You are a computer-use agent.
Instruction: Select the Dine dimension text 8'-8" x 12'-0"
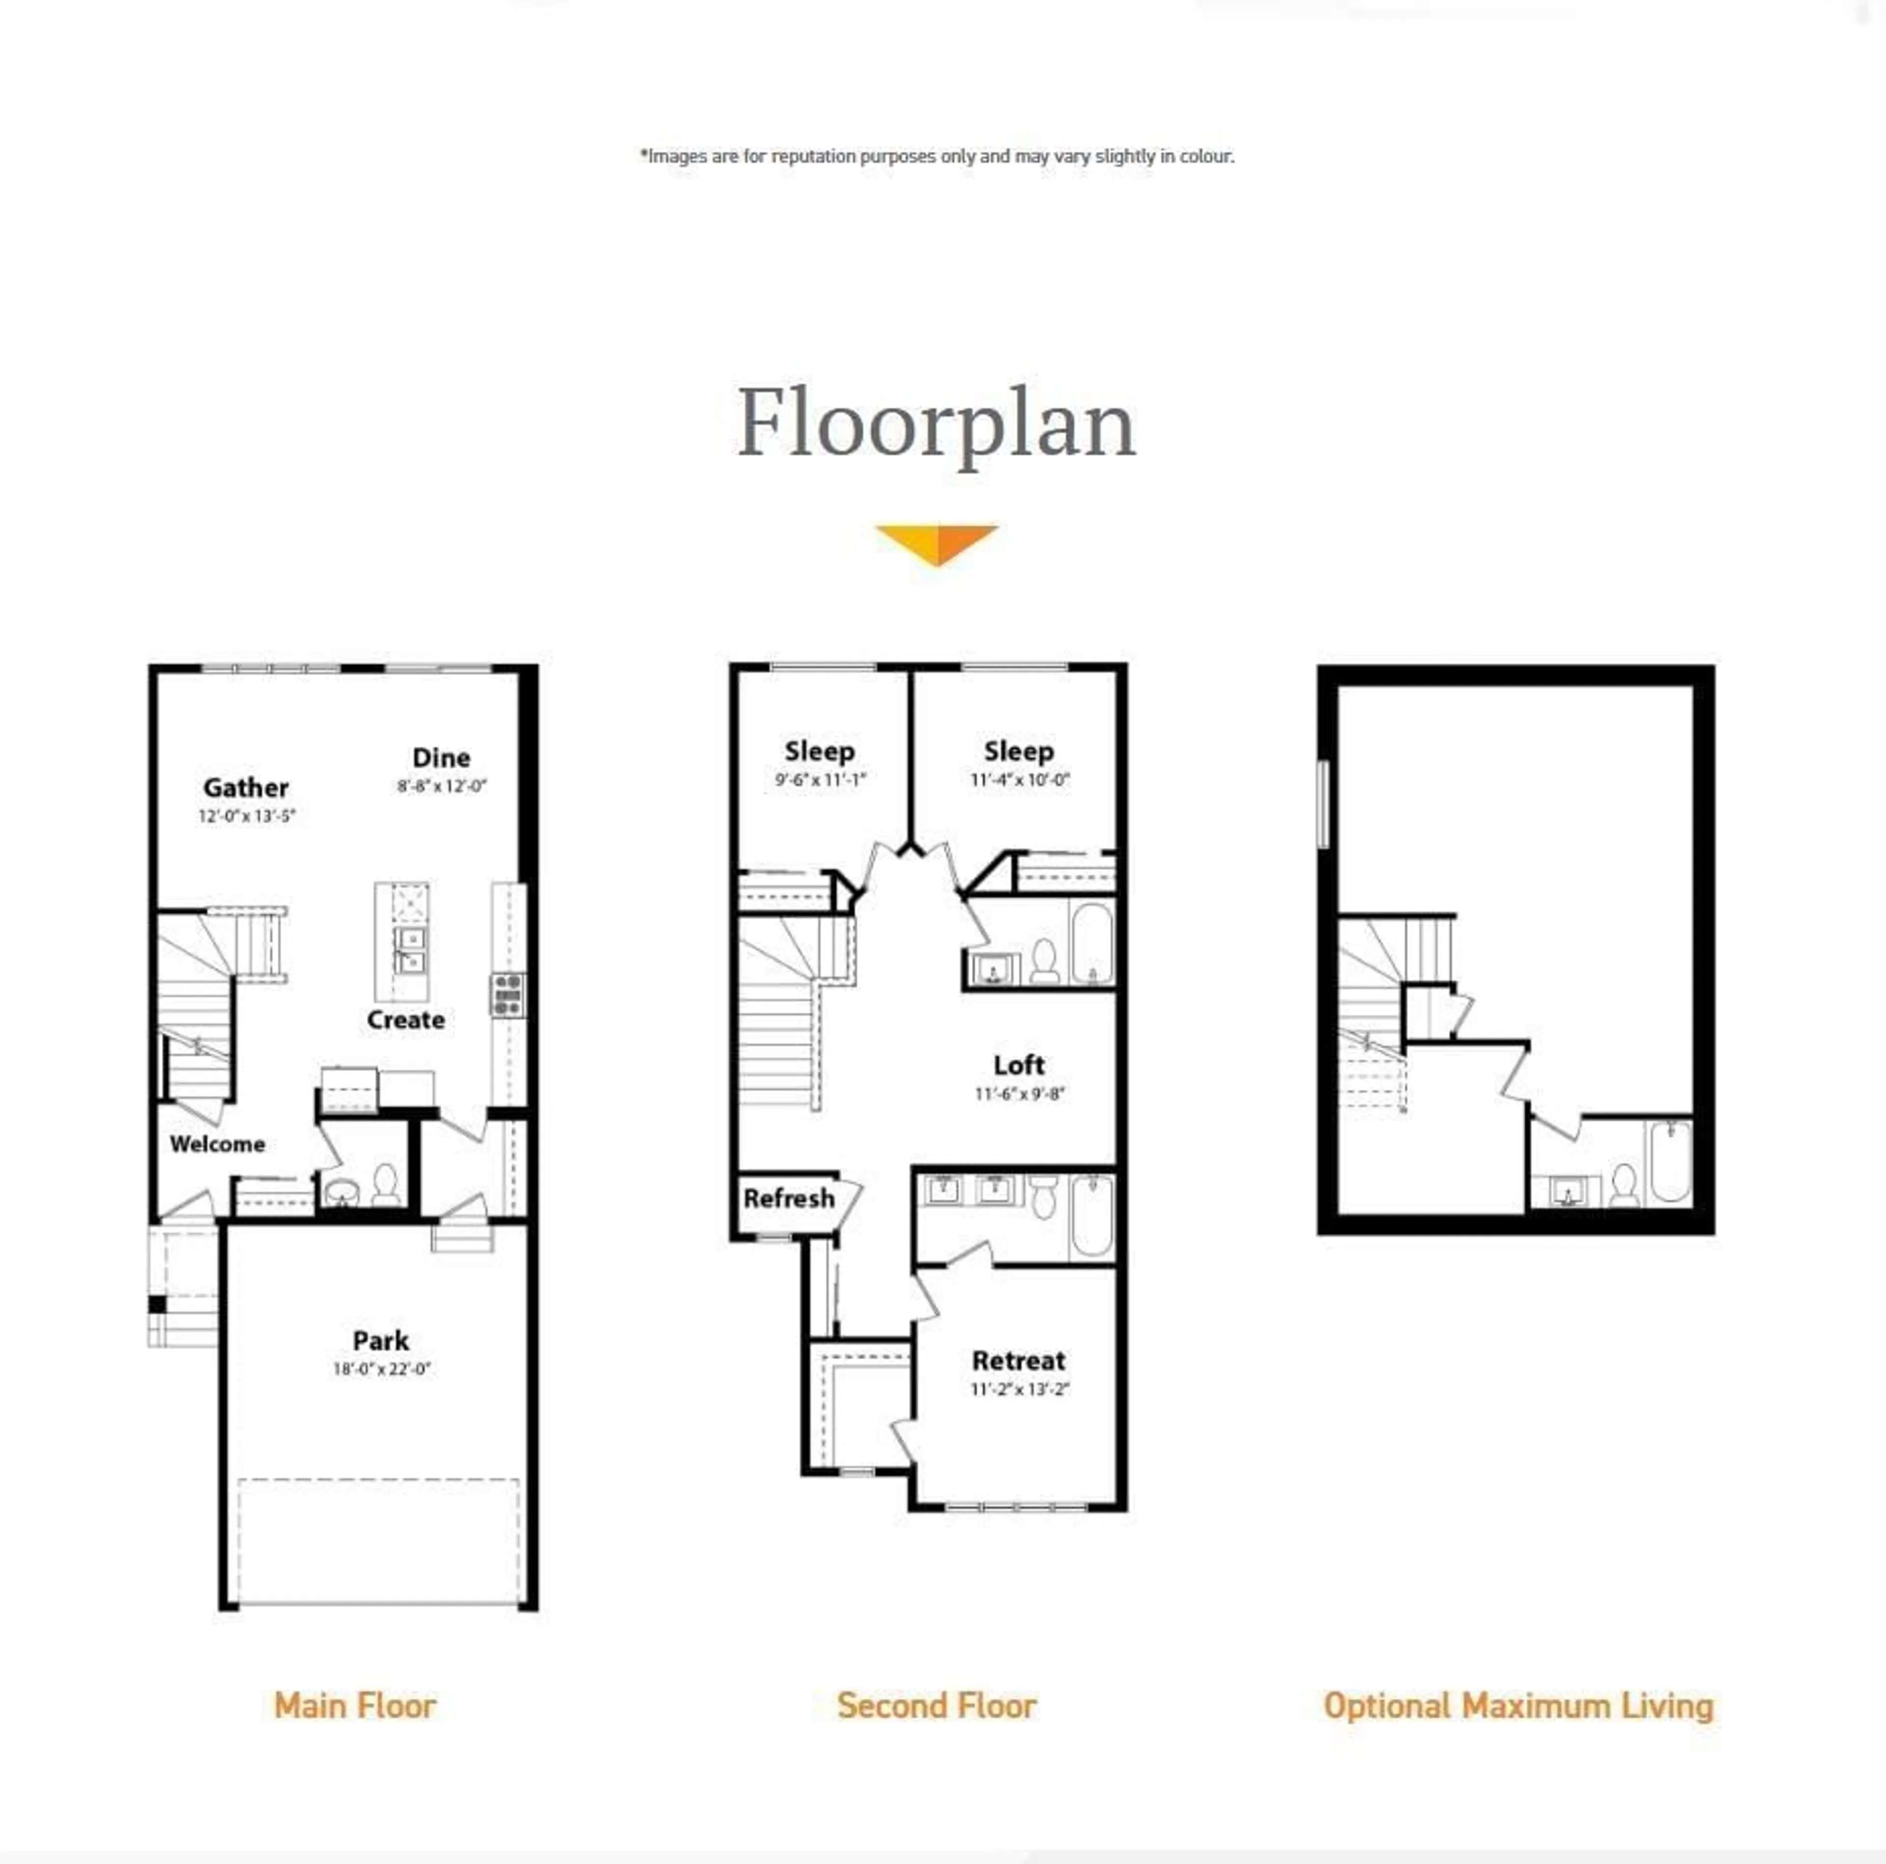(x=441, y=785)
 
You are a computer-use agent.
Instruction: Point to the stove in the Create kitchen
(x=508, y=994)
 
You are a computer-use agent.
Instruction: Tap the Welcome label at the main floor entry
(x=217, y=1143)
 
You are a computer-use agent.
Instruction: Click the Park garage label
(x=381, y=1339)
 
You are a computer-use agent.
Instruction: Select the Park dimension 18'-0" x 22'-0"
(x=381, y=1369)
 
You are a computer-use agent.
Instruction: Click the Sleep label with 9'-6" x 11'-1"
(x=819, y=751)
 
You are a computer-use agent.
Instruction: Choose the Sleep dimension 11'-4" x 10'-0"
(x=1019, y=779)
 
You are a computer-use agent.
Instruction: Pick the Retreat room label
(x=1018, y=1360)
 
